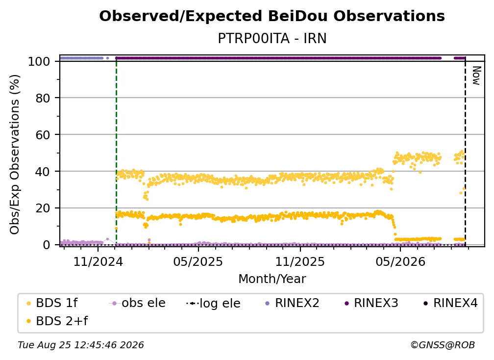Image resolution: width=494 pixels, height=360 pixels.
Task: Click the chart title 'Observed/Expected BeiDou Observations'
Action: (272, 16)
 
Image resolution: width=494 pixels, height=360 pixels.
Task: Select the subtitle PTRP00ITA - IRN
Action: (272, 38)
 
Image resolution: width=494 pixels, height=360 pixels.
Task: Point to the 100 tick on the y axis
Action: (39, 61)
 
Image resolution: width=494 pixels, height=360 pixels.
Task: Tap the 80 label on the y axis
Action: (43, 98)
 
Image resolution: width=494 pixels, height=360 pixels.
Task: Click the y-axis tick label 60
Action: (43, 134)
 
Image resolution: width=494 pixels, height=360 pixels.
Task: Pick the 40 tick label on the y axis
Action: (43, 172)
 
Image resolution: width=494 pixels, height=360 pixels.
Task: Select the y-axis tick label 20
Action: (43, 208)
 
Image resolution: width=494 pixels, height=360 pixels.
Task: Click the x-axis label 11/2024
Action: (98, 261)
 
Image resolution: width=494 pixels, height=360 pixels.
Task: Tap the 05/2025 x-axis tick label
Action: (198, 261)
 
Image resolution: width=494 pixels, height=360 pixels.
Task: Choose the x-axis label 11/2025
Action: (300, 261)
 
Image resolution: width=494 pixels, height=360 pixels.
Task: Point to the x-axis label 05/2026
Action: (400, 261)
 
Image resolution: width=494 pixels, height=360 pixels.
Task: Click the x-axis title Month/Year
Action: (272, 279)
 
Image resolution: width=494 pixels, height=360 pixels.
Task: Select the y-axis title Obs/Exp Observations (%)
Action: (15, 154)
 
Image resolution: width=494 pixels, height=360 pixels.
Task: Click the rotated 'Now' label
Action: (476, 76)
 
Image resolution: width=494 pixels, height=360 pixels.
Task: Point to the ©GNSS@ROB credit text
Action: (443, 345)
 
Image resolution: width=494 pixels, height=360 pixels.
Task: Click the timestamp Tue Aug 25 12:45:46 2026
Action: (81, 345)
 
